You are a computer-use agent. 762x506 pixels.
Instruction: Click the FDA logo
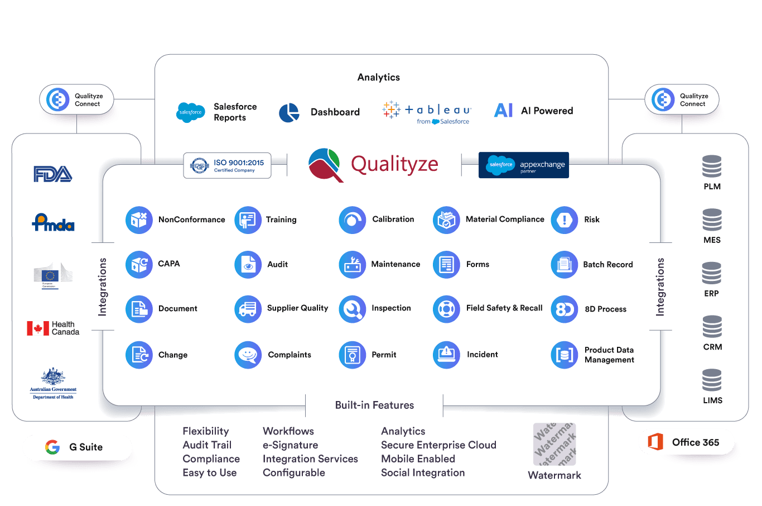click(x=53, y=174)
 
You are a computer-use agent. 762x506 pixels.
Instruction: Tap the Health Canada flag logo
click(x=38, y=328)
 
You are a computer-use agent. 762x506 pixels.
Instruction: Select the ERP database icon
click(x=712, y=273)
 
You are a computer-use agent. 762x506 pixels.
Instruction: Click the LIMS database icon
click(x=712, y=380)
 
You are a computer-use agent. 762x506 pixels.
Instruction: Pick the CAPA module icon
click(x=139, y=264)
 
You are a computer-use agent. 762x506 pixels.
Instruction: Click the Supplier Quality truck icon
click(x=248, y=309)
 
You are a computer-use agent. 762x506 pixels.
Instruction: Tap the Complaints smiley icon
click(x=248, y=355)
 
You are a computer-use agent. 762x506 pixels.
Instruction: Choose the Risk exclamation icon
click(x=564, y=220)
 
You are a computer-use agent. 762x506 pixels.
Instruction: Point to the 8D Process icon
click(x=564, y=309)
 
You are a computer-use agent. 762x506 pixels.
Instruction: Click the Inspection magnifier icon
click(x=352, y=309)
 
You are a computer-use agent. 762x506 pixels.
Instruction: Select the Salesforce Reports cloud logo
click(x=190, y=112)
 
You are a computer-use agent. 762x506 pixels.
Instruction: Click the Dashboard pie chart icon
click(x=289, y=112)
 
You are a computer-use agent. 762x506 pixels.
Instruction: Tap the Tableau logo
click(x=427, y=112)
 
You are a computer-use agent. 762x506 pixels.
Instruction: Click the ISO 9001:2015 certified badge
click(x=227, y=165)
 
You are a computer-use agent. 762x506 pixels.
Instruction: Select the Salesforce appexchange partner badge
click(x=523, y=165)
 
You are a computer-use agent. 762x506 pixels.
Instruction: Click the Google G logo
click(x=52, y=447)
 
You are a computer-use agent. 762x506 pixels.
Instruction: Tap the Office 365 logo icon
click(x=655, y=442)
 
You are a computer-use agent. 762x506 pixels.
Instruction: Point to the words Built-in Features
click(x=374, y=405)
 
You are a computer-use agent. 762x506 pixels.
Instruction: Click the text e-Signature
click(x=290, y=445)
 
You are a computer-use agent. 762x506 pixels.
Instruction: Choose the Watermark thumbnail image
click(x=554, y=445)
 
